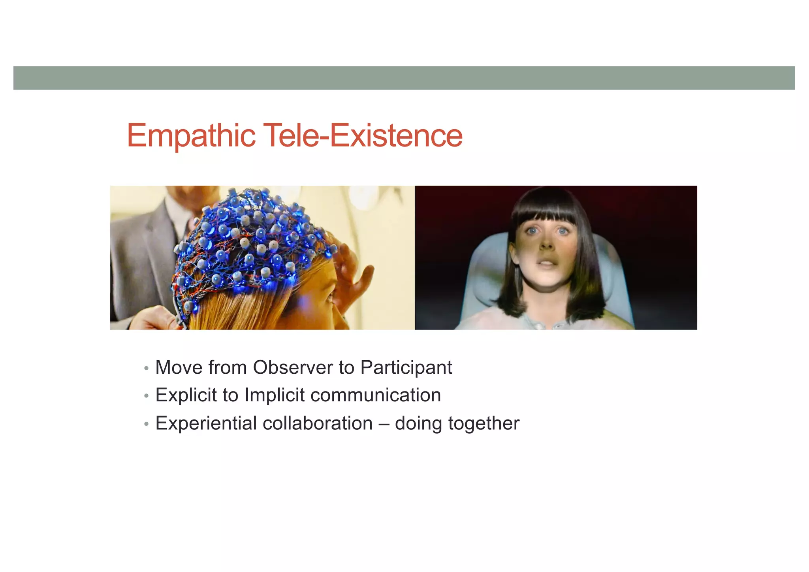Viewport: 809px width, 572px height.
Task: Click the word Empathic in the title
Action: (x=191, y=136)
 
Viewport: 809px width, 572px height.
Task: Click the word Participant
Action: (x=406, y=367)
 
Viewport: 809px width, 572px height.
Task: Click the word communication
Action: (x=375, y=395)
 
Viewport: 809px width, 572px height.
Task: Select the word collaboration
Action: (x=317, y=423)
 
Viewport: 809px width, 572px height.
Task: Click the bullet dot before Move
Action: (x=147, y=369)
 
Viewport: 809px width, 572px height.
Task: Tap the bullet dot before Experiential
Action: (x=147, y=424)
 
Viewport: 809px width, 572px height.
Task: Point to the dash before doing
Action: (x=383, y=424)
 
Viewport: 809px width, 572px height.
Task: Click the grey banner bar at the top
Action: (x=404, y=78)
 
